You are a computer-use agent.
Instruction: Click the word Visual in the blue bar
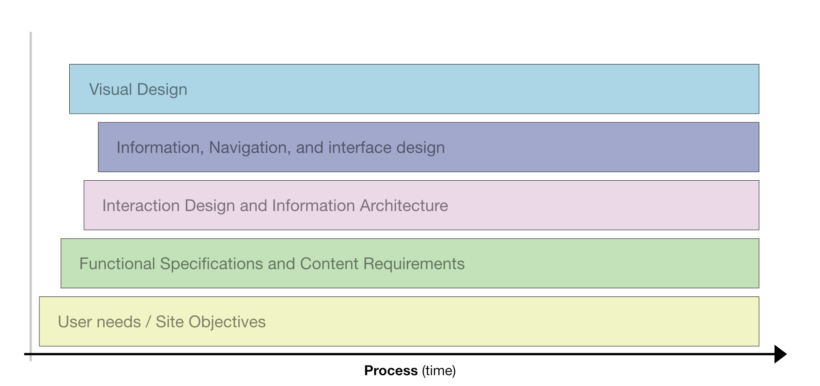click(x=110, y=89)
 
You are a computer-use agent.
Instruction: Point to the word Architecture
click(x=404, y=205)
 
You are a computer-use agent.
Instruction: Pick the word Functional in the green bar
click(x=117, y=264)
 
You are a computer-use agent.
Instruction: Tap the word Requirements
click(x=414, y=264)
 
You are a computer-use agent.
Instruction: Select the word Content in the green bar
click(x=329, y=264)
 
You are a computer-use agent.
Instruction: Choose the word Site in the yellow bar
click(x=170, y=322)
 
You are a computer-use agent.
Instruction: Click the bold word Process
click(x=391, y=370)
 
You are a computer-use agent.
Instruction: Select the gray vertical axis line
click(x=31, y=196)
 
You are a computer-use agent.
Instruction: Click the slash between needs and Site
click(x=148, y=322)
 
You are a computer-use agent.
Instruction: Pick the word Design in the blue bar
click(x=162, y=90)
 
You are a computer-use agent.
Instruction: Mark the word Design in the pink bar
click(x=210, y=206)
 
